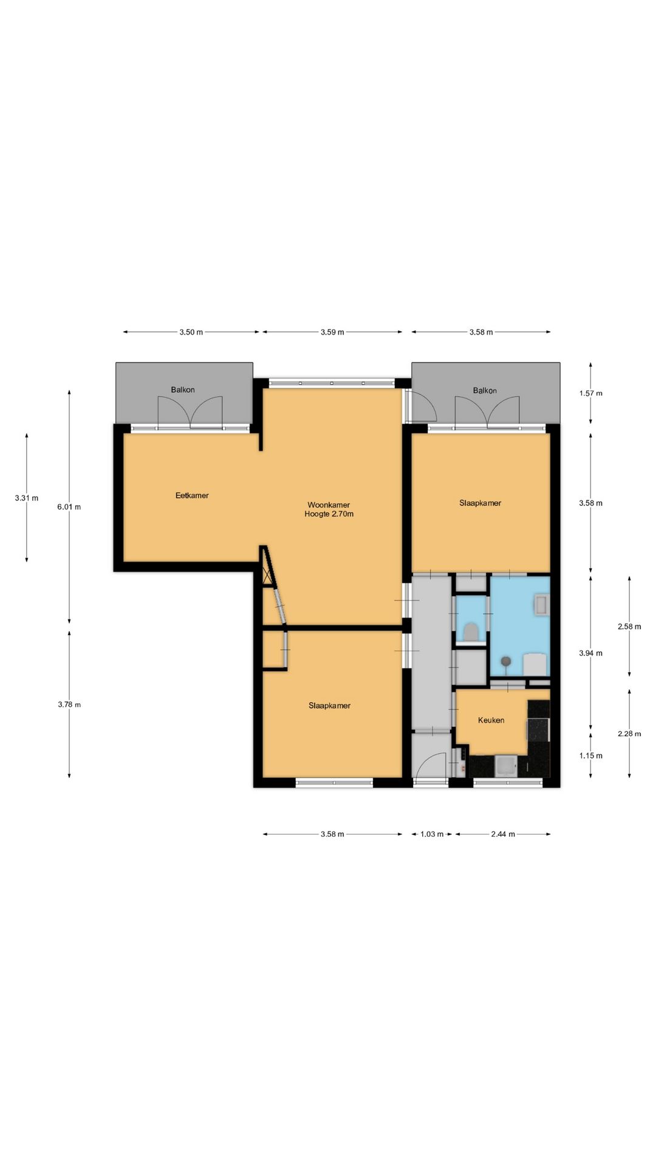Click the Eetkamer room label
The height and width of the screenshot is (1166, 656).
click(192, 496)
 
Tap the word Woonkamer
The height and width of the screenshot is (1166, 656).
click(329, 505)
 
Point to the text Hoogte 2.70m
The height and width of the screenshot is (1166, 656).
click(329, 514)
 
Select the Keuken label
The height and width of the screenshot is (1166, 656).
click(491, 720)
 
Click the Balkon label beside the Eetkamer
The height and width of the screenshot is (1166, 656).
click(183, 390)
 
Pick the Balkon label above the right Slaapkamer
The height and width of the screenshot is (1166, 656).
click(485, 390)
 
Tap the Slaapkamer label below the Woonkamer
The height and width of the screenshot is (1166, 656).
click(329, 706)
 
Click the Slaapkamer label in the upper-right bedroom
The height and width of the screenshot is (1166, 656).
click(480, 503)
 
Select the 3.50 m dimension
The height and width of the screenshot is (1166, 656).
click(191, 332)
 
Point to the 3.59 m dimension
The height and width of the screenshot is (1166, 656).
click(332, 332)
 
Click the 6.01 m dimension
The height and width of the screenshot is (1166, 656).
click(69, 506)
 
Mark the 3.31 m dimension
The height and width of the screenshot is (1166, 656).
click(27, 498)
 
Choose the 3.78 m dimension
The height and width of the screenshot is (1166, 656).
click(69, 704)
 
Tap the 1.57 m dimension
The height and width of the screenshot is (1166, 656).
click(591, 393)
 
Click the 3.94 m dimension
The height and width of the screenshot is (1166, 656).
click(591, 653)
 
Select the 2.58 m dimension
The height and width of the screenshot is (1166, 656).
click(629, 627)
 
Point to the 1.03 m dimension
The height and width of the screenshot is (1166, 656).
click(432, 834)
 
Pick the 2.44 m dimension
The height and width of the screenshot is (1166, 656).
click(503, 834)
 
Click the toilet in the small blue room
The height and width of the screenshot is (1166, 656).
click(470, 632)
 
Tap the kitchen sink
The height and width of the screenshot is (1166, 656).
click(506, 766)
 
